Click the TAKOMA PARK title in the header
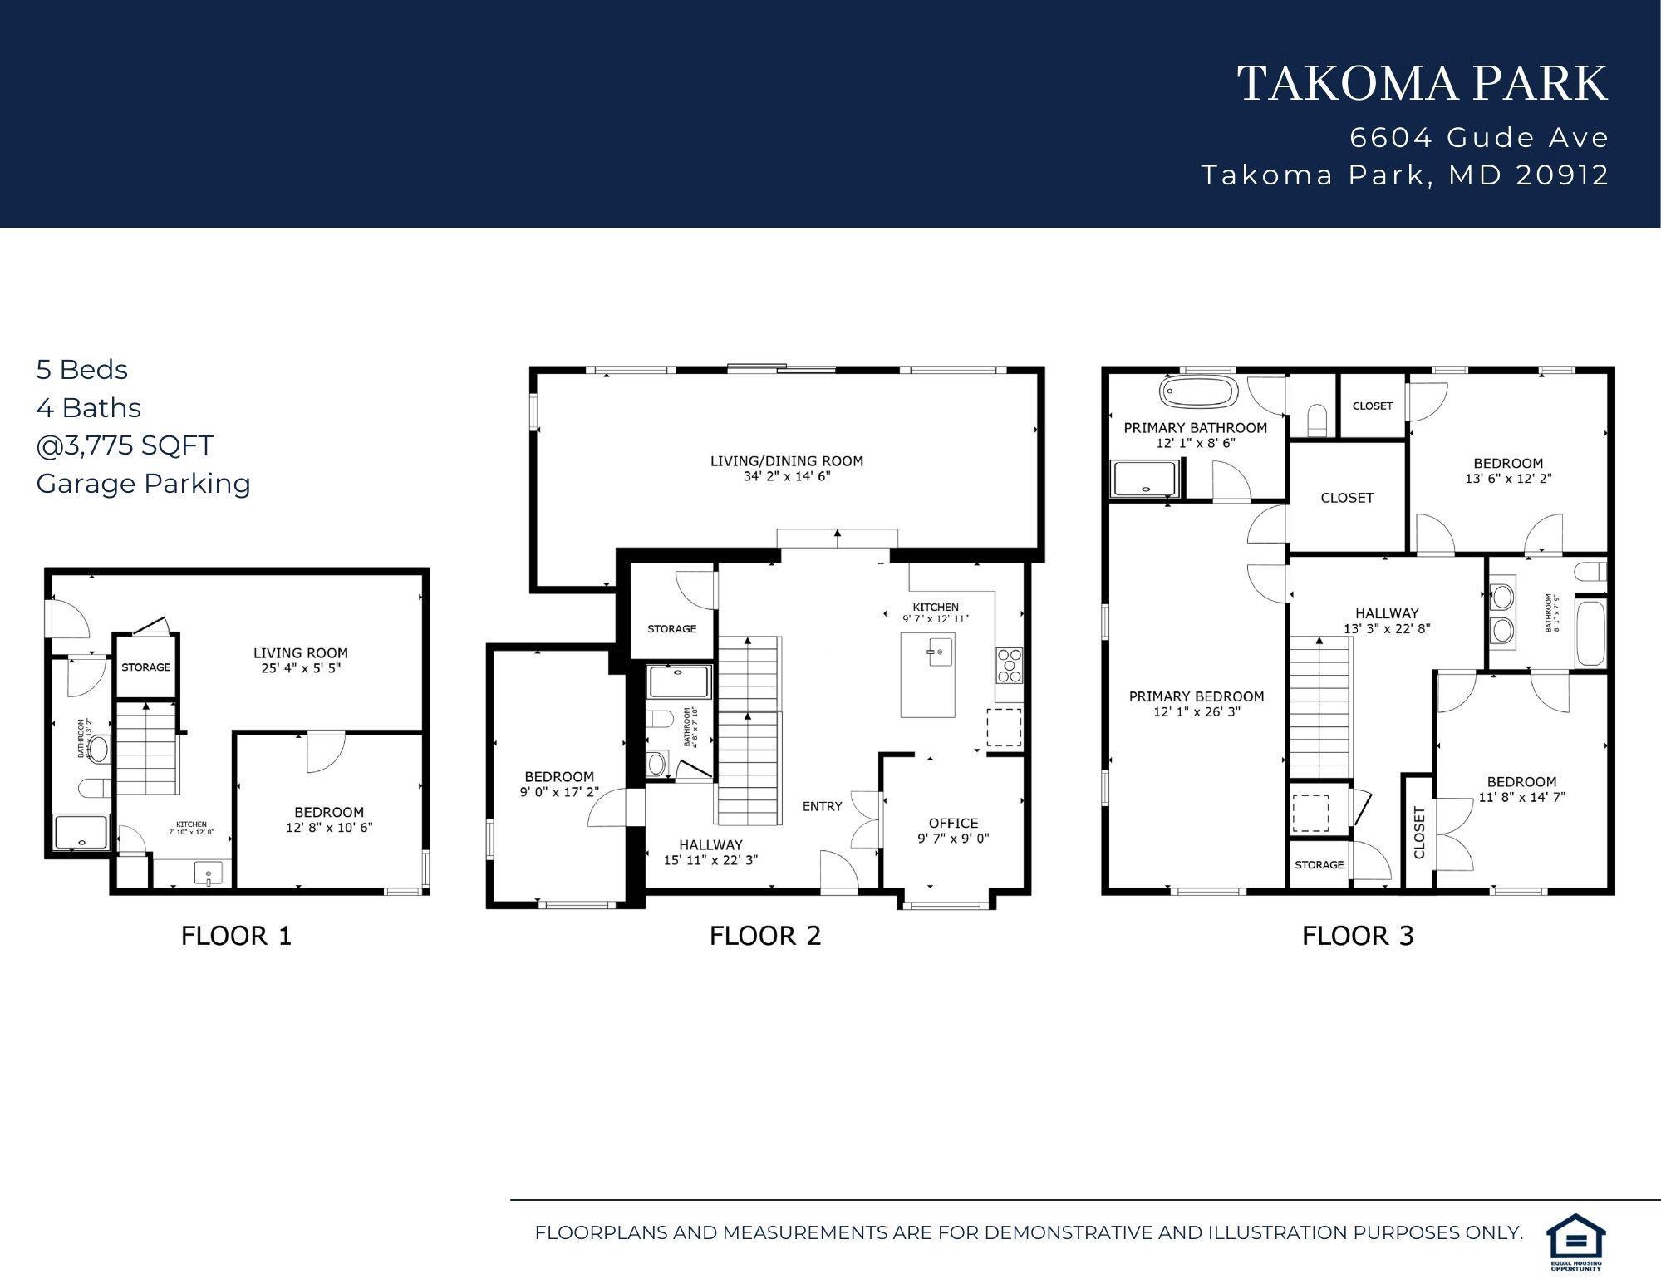coord(1423,84)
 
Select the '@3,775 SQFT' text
coord(125,445)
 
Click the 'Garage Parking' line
coord(143,484)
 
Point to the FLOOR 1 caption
coord(236,937)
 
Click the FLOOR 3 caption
coord(1357,937)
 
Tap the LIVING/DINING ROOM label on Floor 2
coord(786,461)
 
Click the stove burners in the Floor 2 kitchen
coord(1009,666)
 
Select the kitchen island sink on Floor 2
coord(936,653)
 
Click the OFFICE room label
coord(953,823)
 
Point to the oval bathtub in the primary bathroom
coord(1197,392)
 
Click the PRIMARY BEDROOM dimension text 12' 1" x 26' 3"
coord(1197,712)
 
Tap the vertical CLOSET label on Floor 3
coord(1418,834)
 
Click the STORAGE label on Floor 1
coord(145,667)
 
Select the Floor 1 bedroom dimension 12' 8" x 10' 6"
coord(329,828)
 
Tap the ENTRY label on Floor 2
coord(822,806)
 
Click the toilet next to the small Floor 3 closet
coord(1317,420)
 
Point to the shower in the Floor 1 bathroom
coord(81,832)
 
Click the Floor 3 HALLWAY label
coord(1387,613)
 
